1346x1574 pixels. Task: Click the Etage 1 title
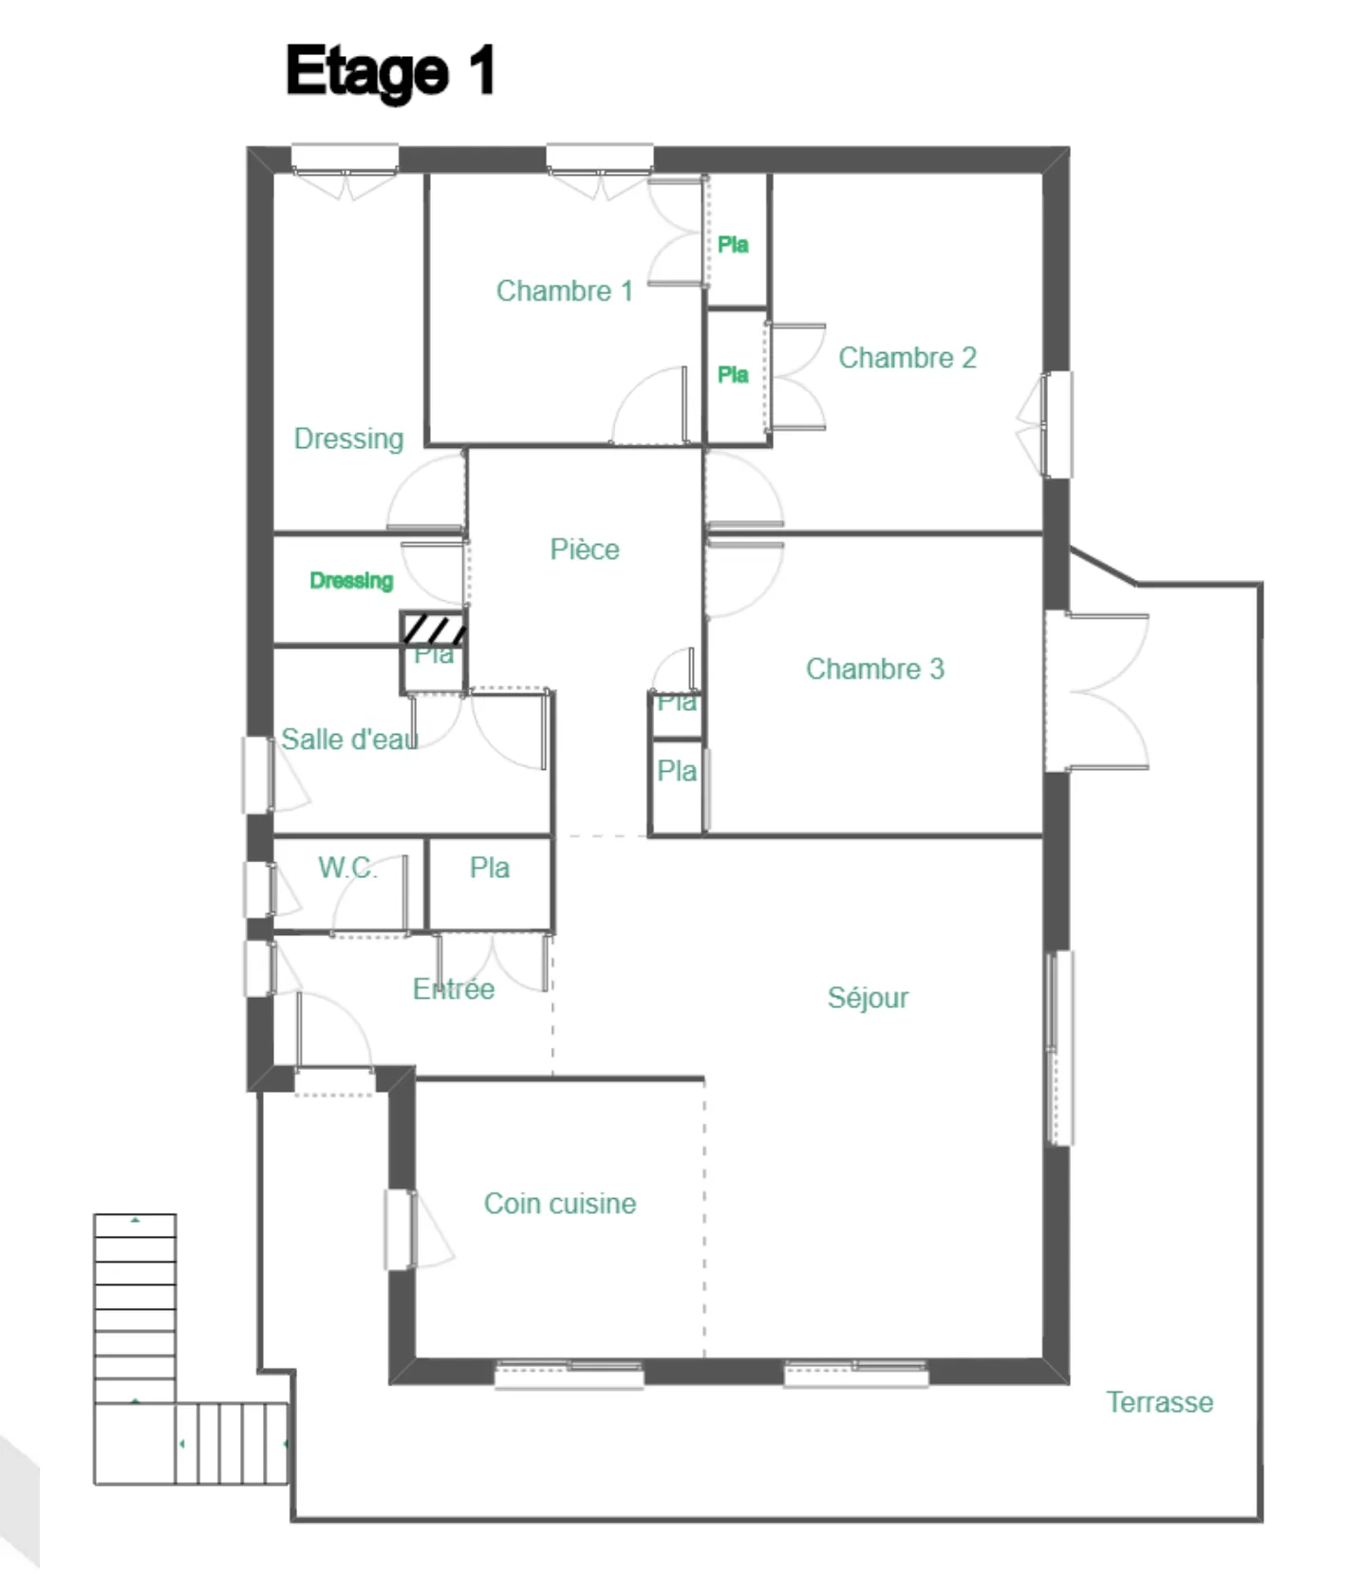[x=390, y=71]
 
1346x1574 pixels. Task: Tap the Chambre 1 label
[x=564, y=290]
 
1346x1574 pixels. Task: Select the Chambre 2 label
[x=907, y=358]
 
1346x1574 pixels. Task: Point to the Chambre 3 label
[x=874, y=668]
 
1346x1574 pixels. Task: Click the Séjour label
[x=868, y=998]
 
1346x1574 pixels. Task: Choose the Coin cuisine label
[x=560, y=1204]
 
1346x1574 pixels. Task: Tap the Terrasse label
[x=1159, y=1402]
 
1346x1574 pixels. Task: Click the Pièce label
[x=585, y=550]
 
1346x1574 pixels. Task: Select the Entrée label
[x=453, y=989]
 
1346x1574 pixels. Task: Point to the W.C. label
[x=346, y=867]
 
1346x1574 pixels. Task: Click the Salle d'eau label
[x=349, y=739]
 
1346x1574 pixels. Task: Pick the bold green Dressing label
[x=351, y=580]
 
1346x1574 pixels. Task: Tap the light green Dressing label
[x=348, y=439]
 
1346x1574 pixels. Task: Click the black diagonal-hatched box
[x=434, y=628]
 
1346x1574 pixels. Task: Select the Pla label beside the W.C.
[x=489, y=868]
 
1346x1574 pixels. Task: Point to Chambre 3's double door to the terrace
[x=1096, y=691]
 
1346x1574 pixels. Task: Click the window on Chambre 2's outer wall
[x=1056, y=424]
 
